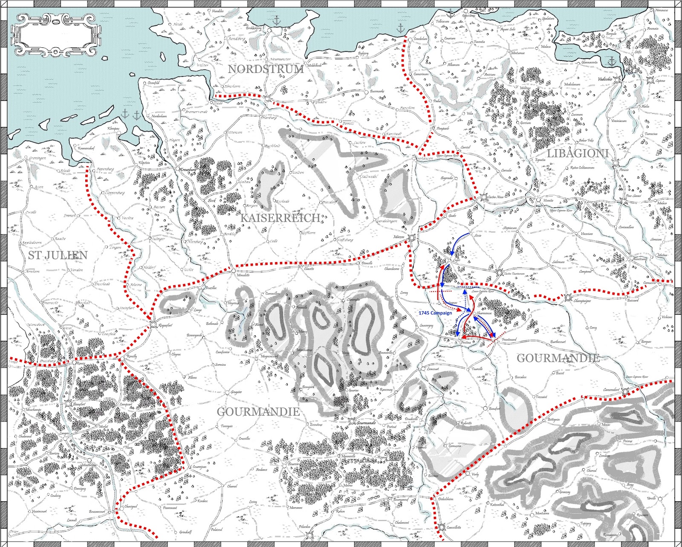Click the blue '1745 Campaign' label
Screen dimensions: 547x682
(x=435, y=313)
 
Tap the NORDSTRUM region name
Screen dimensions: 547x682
(x=266, y=69)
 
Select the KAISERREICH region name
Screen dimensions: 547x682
(x=280, y=218)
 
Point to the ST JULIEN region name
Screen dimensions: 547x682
(x=58, y=255)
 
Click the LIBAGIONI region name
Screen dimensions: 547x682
(x=577, y=153)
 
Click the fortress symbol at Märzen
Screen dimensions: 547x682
(x=412, y=238)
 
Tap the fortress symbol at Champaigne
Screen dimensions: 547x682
(x=568, y=298)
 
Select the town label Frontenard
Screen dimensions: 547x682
(x=509, y=340)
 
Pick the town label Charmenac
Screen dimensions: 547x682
(x=484, y=313)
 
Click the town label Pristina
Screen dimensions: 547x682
(x=465, y=343)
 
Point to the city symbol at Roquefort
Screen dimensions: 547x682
(x=153, y=325)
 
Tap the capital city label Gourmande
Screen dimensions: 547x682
(x=366, y=423)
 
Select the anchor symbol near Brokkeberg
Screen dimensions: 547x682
(x=276, y=20)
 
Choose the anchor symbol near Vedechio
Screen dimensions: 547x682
(x=611, y=62)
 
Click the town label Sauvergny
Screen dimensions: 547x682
(x=426, y=325)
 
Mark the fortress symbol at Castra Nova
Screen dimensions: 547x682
(x=484, y=197)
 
